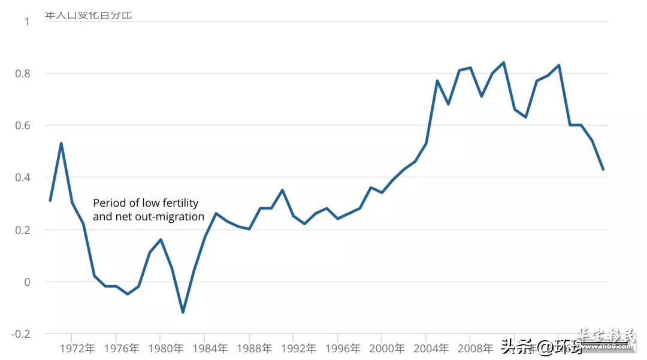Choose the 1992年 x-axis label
[301, 348]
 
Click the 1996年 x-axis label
[345, 348]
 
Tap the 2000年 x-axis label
[389, 348]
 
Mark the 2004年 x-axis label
[434, 348]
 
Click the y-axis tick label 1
[26, 22]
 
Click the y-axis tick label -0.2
[20, 334]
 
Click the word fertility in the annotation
[178, 204]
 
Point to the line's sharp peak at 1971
[61, 143]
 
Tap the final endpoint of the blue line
[603, 170]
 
